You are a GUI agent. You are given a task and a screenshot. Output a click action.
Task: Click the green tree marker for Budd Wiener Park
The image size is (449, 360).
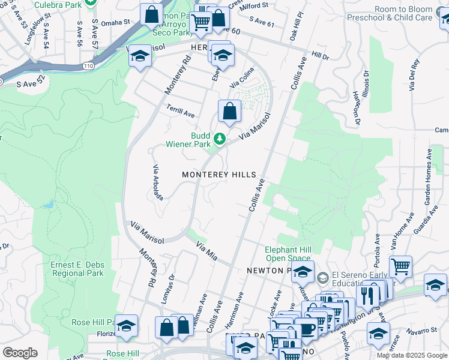tap(220, 139)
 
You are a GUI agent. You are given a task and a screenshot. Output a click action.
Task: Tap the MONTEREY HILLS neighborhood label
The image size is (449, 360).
tap(220, 175)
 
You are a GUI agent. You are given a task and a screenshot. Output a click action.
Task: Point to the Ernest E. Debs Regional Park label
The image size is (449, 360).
tap(77, 269)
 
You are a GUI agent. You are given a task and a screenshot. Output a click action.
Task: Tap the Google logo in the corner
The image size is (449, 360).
tap(20, 353)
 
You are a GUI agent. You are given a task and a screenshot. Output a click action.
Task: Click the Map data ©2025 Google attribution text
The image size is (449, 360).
tap(411, 355)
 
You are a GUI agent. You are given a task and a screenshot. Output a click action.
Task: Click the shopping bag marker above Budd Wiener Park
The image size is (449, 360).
tap(229, 111)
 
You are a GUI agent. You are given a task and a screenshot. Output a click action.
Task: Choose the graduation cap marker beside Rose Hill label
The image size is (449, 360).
tap(126, 326)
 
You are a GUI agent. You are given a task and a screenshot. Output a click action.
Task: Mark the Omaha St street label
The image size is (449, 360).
tap(115, 22)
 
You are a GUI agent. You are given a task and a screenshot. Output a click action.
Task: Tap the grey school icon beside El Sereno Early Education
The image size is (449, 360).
tap(323, 277)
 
